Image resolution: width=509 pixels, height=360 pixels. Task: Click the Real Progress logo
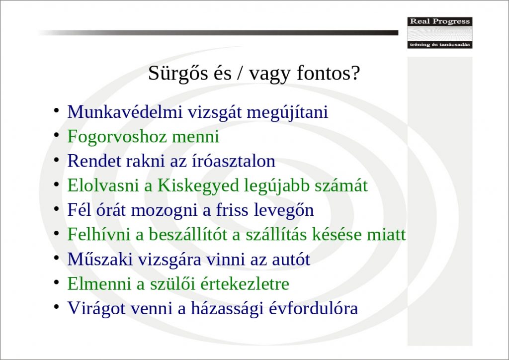tap(440, 33)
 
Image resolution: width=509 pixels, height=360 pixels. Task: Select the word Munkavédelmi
tap(124, 112)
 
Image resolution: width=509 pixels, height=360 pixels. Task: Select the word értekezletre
tap(245, 284)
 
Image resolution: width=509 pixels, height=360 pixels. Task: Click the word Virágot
tap(96, 308)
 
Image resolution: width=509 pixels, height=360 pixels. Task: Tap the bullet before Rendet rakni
tap(57, 160)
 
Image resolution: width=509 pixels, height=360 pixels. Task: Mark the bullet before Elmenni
tap(57, 282)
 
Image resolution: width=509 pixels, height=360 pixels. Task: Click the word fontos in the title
tap(324, 74)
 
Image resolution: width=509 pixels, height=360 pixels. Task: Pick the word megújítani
tap(288, 112)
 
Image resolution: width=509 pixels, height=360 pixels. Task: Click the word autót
tap(291, 260)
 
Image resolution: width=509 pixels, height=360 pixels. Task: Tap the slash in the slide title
tap(240, 73)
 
